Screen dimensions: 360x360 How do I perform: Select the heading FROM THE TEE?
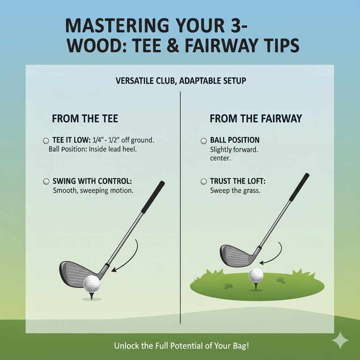(85, 118)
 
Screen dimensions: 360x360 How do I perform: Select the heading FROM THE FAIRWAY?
(256, 118)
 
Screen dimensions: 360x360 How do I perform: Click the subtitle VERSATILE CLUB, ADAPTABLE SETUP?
(181, 81)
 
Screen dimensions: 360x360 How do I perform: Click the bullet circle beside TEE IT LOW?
(46, 141)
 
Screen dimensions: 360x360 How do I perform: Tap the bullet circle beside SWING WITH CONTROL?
(46, 182)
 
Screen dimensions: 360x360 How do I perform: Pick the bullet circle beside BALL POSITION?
(203, 141)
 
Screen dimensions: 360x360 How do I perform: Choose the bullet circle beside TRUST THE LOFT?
(203, 182)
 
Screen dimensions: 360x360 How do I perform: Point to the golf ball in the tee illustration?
(91, 283)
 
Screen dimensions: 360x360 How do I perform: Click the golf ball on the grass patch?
(256, 275)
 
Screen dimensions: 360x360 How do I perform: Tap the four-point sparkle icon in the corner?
(340, 340)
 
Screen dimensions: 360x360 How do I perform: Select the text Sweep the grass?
(235, 191)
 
